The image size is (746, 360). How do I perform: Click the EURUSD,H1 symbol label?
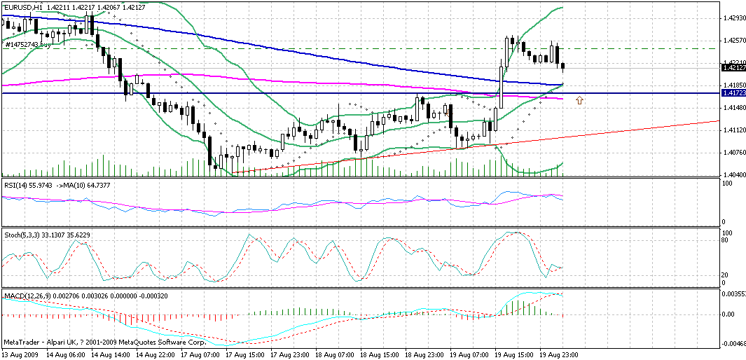click(20, 6)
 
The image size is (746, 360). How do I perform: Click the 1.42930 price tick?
click(733, 18)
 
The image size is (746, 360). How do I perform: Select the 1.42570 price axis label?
click(733, 40)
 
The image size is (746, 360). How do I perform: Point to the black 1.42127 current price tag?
click(733, 68)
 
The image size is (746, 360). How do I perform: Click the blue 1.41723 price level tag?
click(733, 92)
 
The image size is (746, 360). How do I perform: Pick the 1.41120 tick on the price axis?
click(733, 130)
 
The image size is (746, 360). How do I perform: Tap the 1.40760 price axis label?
click(733, 153)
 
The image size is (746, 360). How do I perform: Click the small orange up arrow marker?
click(579, 102)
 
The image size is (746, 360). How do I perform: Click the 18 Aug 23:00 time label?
click(424, 355)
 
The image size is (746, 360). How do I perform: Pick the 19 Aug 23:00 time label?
click(560, 355)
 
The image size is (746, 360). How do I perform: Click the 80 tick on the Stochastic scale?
click(726, 240)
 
